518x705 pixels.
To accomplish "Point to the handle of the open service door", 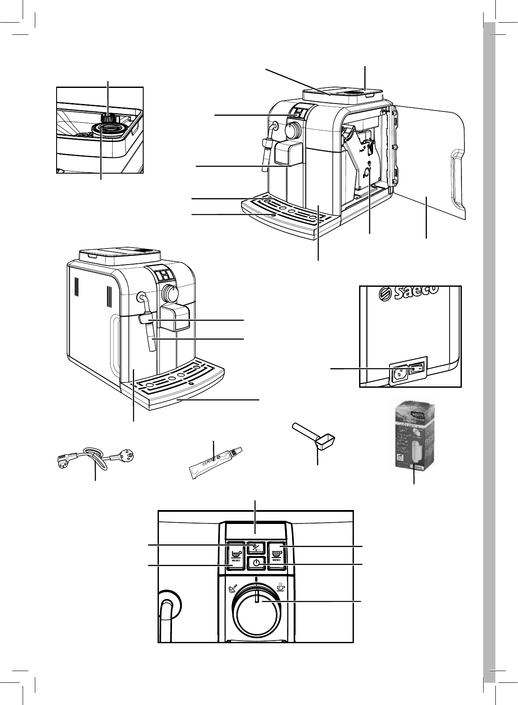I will tap(456, 178).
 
